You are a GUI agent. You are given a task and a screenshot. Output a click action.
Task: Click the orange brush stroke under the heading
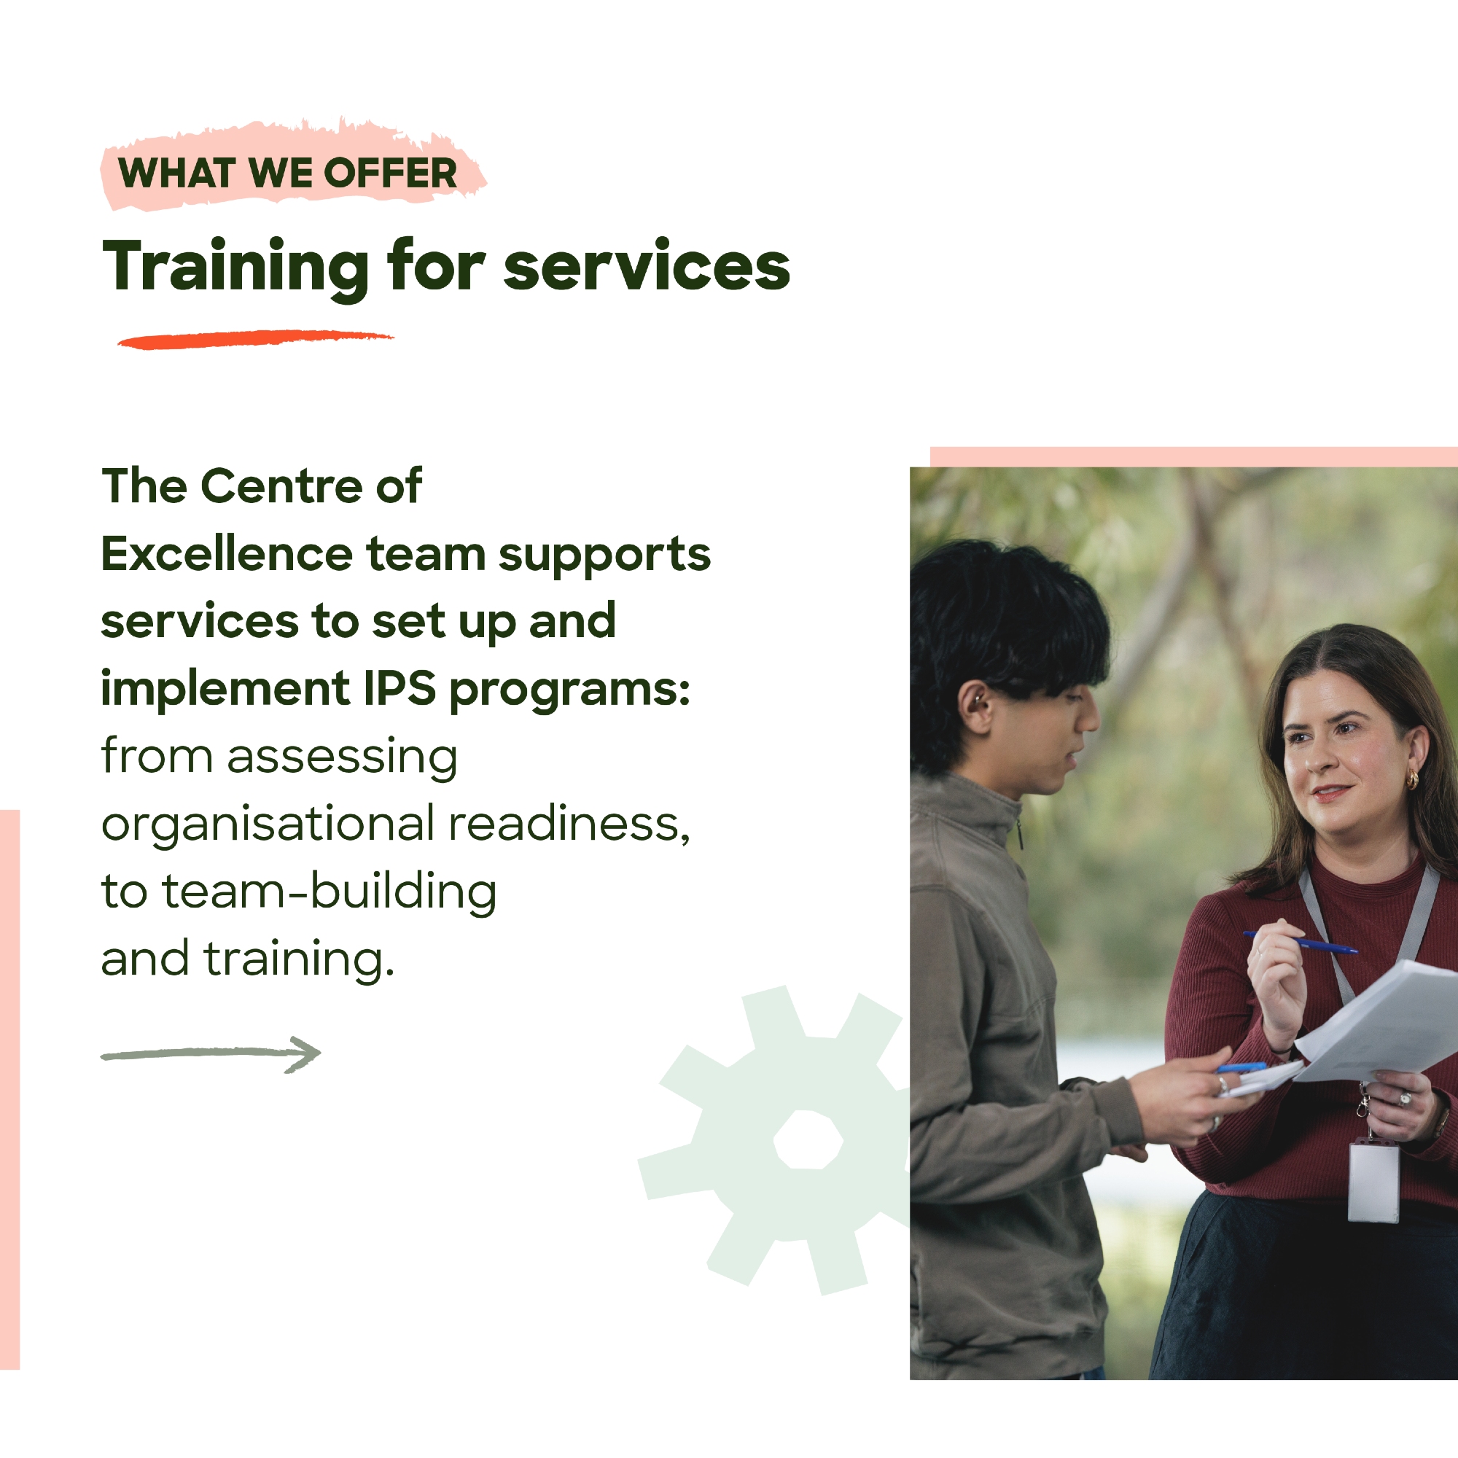(255, 340)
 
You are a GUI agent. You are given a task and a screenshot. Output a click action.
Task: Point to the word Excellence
(227, 554)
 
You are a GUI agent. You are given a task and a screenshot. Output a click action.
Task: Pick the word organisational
(268, 824)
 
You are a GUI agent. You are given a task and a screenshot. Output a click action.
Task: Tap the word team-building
(329, 892)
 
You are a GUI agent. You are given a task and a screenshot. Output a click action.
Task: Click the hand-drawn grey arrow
(211, 1054)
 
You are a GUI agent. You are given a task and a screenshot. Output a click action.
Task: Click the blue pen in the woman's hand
(1301, 943)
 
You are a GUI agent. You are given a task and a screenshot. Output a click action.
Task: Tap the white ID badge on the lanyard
(1373, 1181)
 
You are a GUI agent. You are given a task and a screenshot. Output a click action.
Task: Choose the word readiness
(570, 824)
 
